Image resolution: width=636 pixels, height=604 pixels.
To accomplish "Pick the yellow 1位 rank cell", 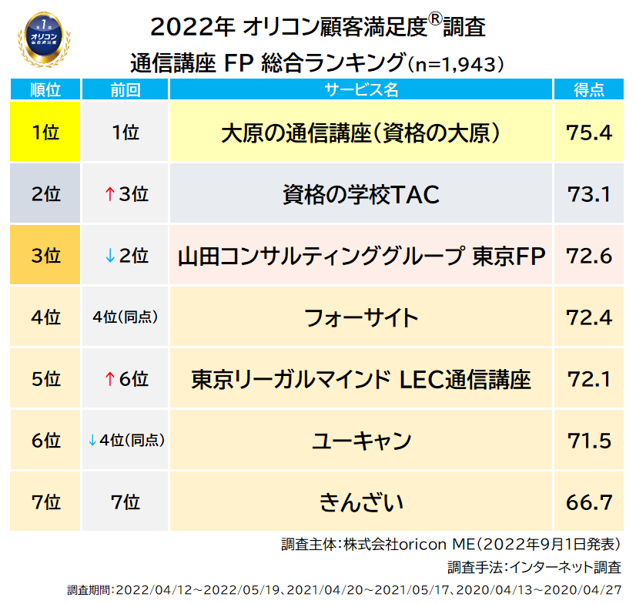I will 45,133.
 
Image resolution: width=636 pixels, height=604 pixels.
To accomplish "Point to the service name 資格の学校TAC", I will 361,194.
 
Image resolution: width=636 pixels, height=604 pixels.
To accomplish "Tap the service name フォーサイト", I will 361,317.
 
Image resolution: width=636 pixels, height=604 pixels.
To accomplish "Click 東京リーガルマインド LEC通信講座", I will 361,379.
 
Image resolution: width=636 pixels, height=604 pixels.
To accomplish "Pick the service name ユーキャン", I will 361,441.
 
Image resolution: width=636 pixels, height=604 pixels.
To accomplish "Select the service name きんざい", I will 361,502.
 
